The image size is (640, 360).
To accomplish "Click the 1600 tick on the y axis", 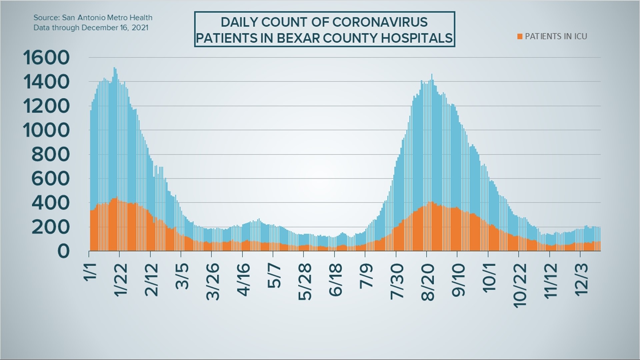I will (46, 58).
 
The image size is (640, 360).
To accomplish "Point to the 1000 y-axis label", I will (46, 130).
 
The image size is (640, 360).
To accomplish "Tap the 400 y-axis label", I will (50, 203).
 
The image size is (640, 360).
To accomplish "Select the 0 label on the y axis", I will (63, 251).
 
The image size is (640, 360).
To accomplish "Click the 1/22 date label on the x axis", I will (121, 280).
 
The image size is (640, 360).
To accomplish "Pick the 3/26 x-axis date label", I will (213, 282).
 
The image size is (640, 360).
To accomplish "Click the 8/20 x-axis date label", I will (428, 282).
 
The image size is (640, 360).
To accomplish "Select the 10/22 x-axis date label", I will (520, 285).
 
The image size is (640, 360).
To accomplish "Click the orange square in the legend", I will (519, 37).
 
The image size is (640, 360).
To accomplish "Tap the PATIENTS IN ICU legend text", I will (556, 36).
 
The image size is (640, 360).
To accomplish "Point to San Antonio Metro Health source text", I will (107, 18).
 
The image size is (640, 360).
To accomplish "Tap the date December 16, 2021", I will (115, 28).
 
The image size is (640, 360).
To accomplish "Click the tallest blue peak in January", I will (115, 69).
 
